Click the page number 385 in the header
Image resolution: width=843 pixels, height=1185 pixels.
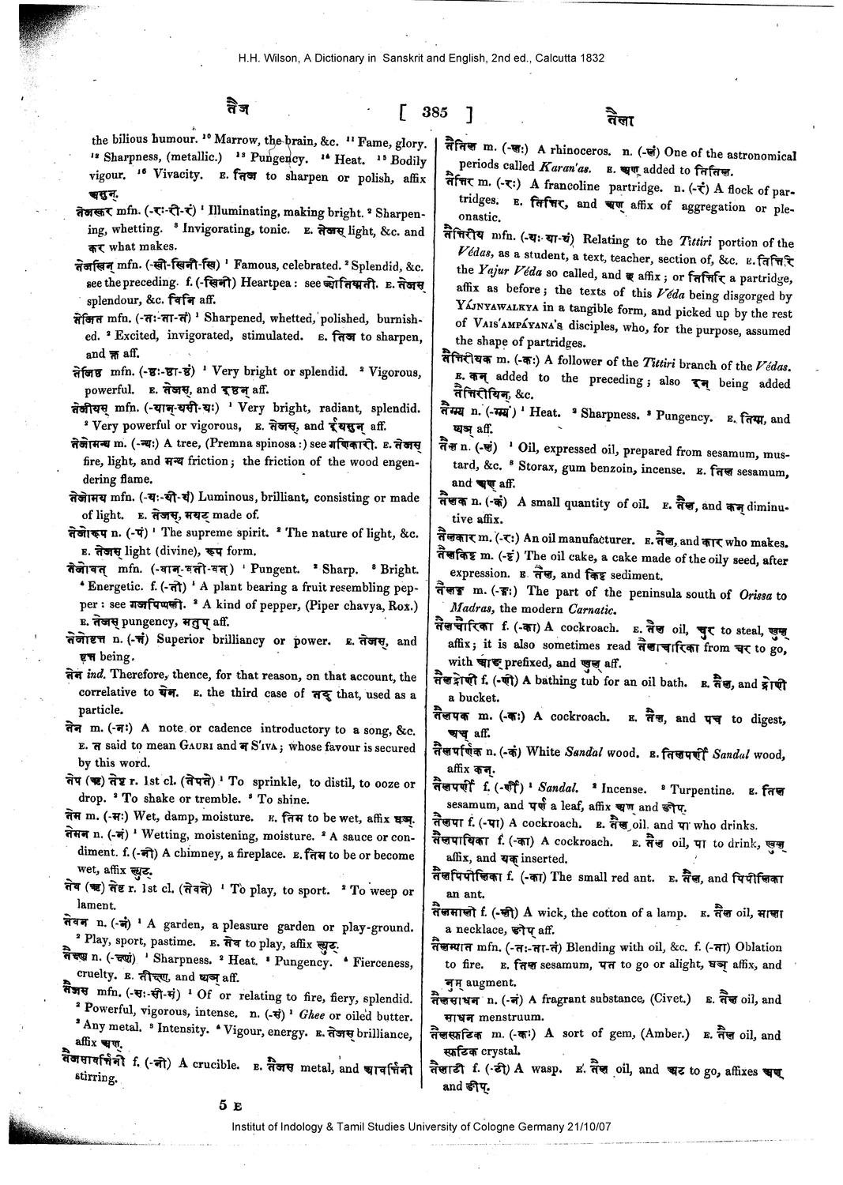click(434, 112)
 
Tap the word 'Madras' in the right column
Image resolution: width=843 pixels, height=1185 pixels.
click(471, 608)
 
